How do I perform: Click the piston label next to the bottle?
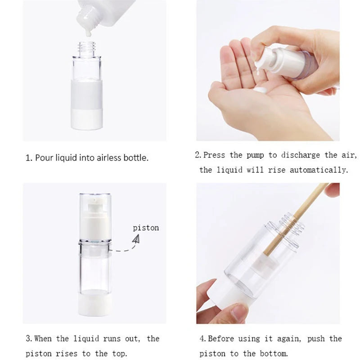pyautogui.click(x=146, y=228)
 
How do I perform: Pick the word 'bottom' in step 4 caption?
pyautogui.click(x=272, y=354)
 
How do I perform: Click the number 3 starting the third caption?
pyautogui.click(x=27, y=339)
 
